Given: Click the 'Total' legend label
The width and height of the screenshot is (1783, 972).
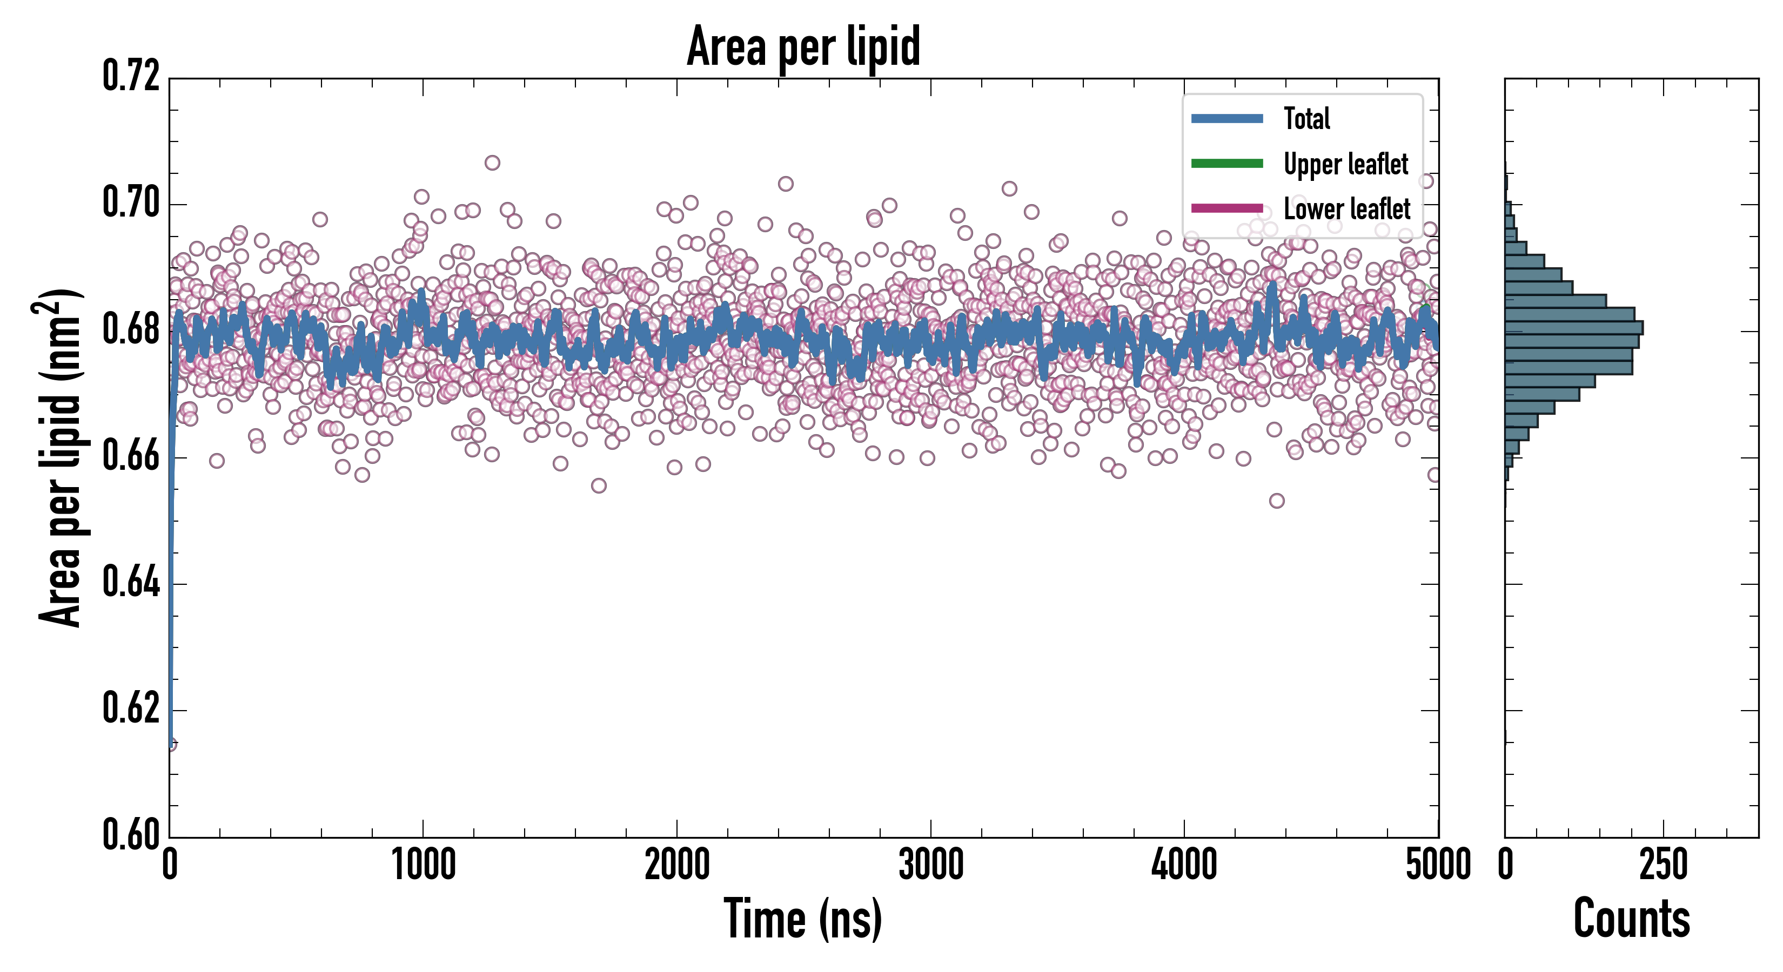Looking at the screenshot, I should click(1307, 118).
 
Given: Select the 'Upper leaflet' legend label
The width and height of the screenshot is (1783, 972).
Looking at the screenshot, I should click(1345, 164).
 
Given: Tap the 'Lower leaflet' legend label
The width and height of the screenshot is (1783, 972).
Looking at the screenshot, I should click(1346, 208).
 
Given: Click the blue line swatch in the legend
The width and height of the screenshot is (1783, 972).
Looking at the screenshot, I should click(1226, 118).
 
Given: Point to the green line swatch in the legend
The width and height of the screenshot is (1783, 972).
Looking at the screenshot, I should click(1226, 163).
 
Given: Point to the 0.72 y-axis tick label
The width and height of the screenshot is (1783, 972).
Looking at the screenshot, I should click(131, 76).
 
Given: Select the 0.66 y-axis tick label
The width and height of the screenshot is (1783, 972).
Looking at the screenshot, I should click(131, 456).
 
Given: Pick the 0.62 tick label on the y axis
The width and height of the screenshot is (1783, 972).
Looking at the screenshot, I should click(131, 708).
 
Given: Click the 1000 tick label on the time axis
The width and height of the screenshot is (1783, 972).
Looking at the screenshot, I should click(424, 865).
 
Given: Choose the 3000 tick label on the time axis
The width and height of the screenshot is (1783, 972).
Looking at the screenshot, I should click(931, 865).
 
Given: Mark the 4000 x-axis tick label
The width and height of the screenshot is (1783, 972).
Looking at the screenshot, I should click(1184, 865).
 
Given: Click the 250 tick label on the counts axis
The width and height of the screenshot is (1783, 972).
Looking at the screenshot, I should click(1663, 865).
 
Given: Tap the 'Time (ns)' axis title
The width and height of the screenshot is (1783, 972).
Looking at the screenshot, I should click(803, 919).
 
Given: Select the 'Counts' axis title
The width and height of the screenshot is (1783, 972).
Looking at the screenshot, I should click(1631, 919).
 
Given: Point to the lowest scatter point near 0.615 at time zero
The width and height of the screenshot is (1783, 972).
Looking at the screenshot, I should click(171, 745).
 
